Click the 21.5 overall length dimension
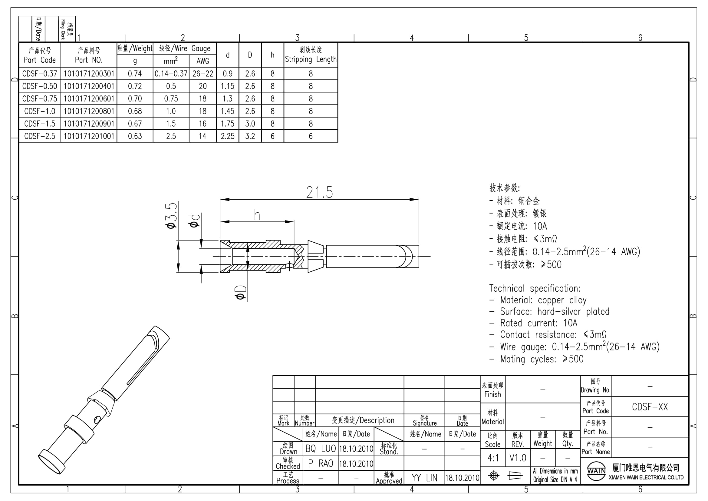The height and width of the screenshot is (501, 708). (319, 192)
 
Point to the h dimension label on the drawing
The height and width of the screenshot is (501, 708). (257, 215)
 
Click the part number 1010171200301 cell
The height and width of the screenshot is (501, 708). (89, 74)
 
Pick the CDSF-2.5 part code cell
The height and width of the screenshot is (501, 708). (40, 136)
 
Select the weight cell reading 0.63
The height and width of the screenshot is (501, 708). (135, 136)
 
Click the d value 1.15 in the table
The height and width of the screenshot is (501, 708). (228, 86)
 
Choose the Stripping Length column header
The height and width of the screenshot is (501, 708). (311, 55)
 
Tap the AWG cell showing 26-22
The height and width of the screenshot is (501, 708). (203, 74)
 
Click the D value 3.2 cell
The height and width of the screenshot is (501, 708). (250, 136)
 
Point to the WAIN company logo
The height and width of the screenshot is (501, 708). (596, 471)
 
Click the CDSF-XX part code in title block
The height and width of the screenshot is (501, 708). (650, 407)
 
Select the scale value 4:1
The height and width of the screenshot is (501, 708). (493, 458)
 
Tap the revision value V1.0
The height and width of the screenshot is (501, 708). (518, 458)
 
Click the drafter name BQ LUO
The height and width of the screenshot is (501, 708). (320, 449)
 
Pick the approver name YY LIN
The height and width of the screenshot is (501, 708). (424, 478)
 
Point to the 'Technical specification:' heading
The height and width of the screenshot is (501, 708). (535, 288)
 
